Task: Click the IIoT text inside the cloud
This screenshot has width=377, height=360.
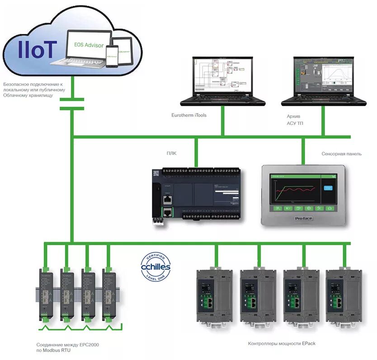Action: pos(37,49)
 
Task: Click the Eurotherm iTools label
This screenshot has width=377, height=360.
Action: pos(188,115)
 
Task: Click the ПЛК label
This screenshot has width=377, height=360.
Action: pos(171,153)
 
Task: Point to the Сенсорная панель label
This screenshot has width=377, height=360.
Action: pos(341,154)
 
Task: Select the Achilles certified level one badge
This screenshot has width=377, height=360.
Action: pos(156,267)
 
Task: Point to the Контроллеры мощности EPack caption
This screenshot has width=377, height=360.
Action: pos(282,344)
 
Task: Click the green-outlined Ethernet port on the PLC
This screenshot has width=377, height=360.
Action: pos(167,212)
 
